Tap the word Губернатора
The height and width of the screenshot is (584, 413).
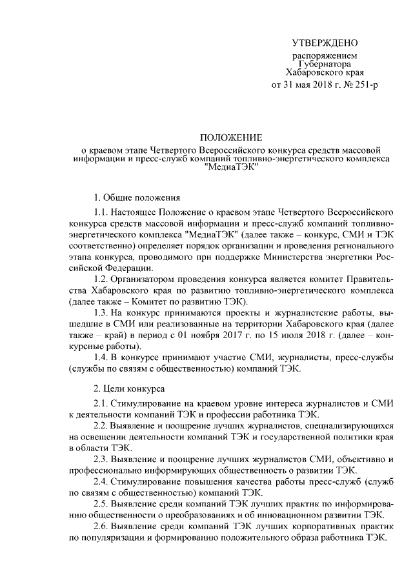(x=325, y=65)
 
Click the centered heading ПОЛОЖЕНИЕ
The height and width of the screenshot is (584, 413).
(x=230, y=138)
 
